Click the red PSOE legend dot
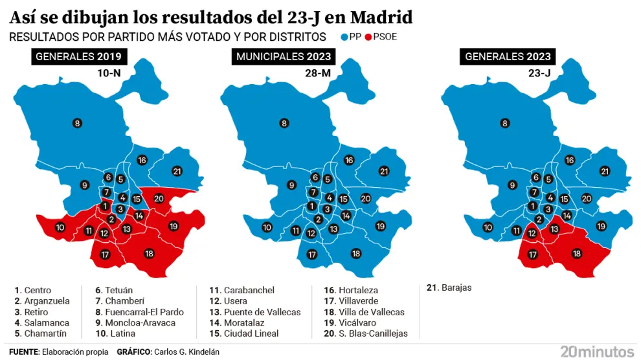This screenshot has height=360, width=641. (x=370, y=38)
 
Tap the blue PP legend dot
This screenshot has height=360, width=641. (x=344, y=38)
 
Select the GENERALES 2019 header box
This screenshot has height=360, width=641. (x=78, y=57)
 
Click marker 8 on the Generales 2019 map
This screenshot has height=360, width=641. (x=77, y=123)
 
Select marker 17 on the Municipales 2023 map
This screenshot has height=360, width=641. (x=312, y=254)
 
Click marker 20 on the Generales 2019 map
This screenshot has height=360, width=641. (x=159, y=199)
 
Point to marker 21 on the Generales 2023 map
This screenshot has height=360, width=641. (x=605, y=172)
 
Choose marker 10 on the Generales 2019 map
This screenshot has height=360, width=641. (x=60, y=227)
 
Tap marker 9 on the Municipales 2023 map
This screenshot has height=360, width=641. (x=292, y=185)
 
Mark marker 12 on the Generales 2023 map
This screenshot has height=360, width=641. (x=532, y=233)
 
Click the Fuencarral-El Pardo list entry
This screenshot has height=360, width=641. (x=139, y=312)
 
